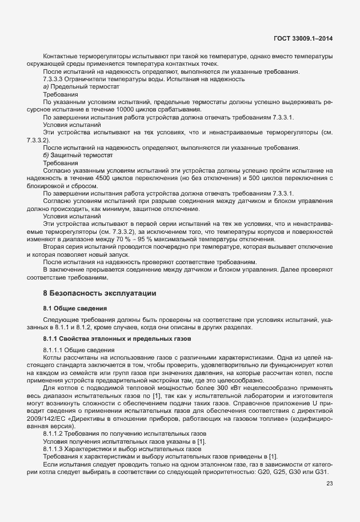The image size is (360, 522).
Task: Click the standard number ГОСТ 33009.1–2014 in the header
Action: coord(303,38)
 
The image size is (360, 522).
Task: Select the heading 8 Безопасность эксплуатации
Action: coord(99,293)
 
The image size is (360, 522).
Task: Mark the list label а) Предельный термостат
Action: coord(81,86)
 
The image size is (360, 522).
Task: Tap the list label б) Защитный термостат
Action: coord(79,156)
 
